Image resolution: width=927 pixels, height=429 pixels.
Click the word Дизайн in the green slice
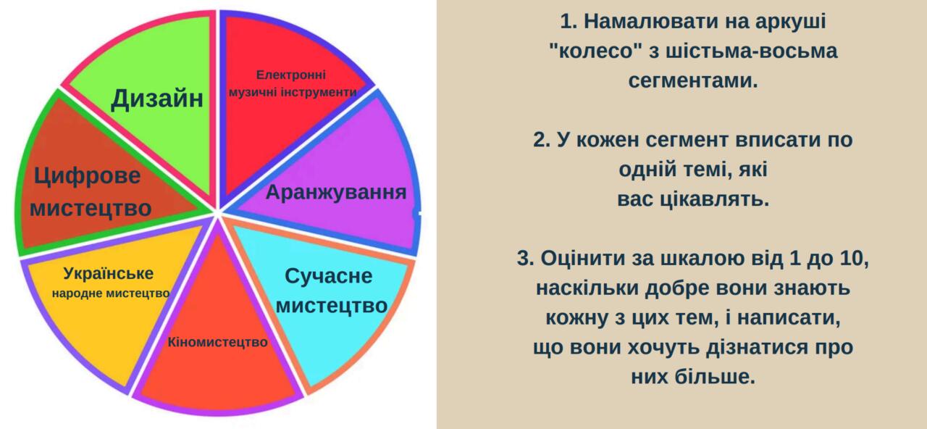pos(157,99)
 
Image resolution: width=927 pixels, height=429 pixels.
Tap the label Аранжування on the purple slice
pos(336,193)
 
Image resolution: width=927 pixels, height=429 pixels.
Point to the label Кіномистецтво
pos(218,343)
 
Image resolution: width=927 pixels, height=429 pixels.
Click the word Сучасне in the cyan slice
pos(329,276)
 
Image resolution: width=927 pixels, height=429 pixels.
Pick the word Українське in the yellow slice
pos(109,274)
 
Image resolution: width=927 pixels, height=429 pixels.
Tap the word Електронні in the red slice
pos(291,75)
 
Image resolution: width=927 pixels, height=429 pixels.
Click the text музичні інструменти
pos(293,92)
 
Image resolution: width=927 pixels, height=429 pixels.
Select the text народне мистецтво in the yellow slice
pos(111,293)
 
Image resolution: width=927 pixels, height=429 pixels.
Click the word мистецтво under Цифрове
pos(91,208)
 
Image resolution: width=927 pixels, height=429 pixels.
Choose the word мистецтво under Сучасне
pos(332,307)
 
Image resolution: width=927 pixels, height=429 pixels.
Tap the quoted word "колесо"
pos(596,51)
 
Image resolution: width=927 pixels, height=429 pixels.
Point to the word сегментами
pos(693,80)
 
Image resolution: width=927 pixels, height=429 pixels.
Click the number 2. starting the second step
pos(542,140)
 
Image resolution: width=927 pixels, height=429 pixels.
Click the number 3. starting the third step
pos(526,259)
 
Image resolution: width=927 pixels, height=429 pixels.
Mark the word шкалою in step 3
pos(697,259)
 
